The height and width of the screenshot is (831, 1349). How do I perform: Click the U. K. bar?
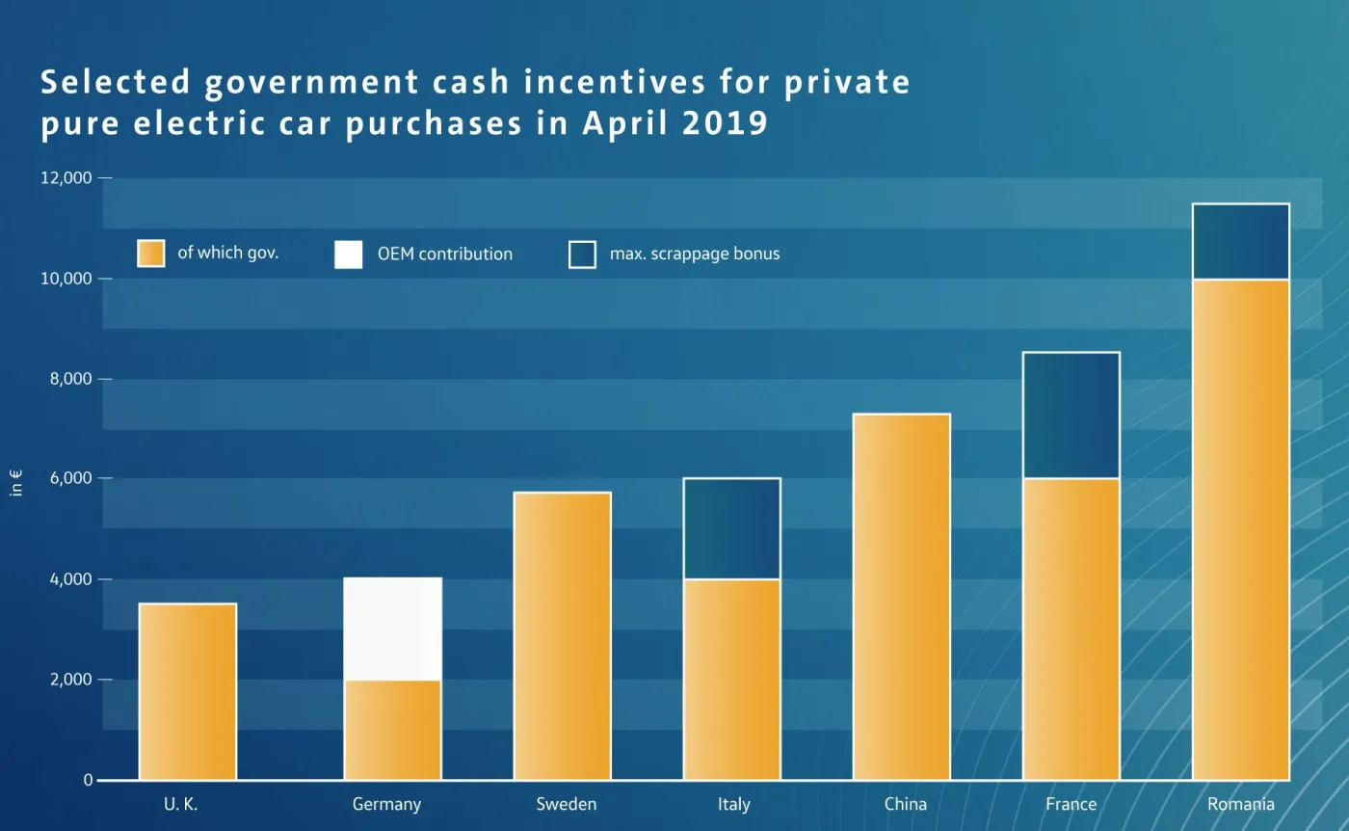pyautogui.click(x=188, y=691)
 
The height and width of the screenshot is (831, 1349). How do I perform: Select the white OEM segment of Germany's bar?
pyautogui.click(x=392, y=629)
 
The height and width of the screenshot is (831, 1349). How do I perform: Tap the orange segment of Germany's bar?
pyautogui.click(x=392, y=730)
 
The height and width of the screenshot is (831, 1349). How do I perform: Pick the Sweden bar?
pyautogui.click(x=562, y=636)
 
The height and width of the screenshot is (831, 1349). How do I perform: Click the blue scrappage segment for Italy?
pyautogui.click(x=732, y=528)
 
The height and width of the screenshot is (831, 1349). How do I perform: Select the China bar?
pyautogui.click(x=902, y=597)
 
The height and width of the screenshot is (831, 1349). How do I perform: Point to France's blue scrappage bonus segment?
pyautogui.click(x=1071, y=415)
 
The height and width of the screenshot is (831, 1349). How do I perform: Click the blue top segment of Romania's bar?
pyautogui.click(x=1241, y=241)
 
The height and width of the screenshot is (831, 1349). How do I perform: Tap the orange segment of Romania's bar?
pyautogui.click(x=1241, y=529)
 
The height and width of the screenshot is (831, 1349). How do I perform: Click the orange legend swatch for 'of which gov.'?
pyautogui.click(x=151, y=254)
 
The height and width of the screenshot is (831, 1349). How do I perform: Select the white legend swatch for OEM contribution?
pyautogui.click(x=349, y=255)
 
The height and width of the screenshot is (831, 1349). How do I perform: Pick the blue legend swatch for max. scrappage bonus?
pyautogui.click(x=582, y=255)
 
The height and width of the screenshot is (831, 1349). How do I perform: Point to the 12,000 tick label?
pyautogui.click(x=66, y=178)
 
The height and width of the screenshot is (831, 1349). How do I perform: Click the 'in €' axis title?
pyautogui.click(x=16, y=482)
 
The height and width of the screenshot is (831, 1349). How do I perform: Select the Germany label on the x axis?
pyautogui.click(x=386, y=804)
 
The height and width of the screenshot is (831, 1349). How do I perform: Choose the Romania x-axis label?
pyautogui.click(x=1241, y=804)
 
